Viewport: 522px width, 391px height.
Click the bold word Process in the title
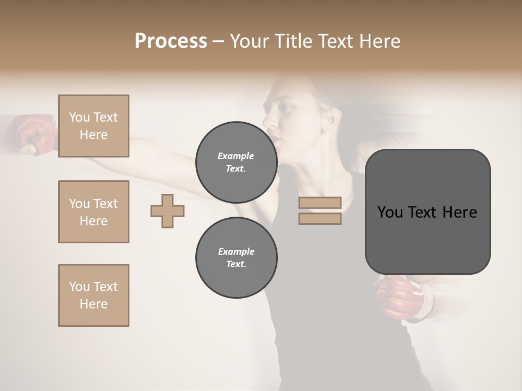pos(171,41)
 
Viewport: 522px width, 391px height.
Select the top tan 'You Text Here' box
pos(94,126)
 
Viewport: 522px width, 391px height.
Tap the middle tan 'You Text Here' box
pos(94,212)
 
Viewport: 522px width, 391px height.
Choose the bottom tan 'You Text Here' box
pos(94,295)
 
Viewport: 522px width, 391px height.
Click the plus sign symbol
pos(167,211)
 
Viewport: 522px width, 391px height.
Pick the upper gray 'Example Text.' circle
pos(236,162)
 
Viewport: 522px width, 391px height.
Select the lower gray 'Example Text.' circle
pos(236,257)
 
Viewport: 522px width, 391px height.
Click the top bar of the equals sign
pos(320,203)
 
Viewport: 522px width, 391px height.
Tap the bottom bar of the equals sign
pos(320,218)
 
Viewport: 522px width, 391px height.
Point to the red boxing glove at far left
pos(34,133)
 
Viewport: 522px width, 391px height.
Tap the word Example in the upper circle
pos(236,156)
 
